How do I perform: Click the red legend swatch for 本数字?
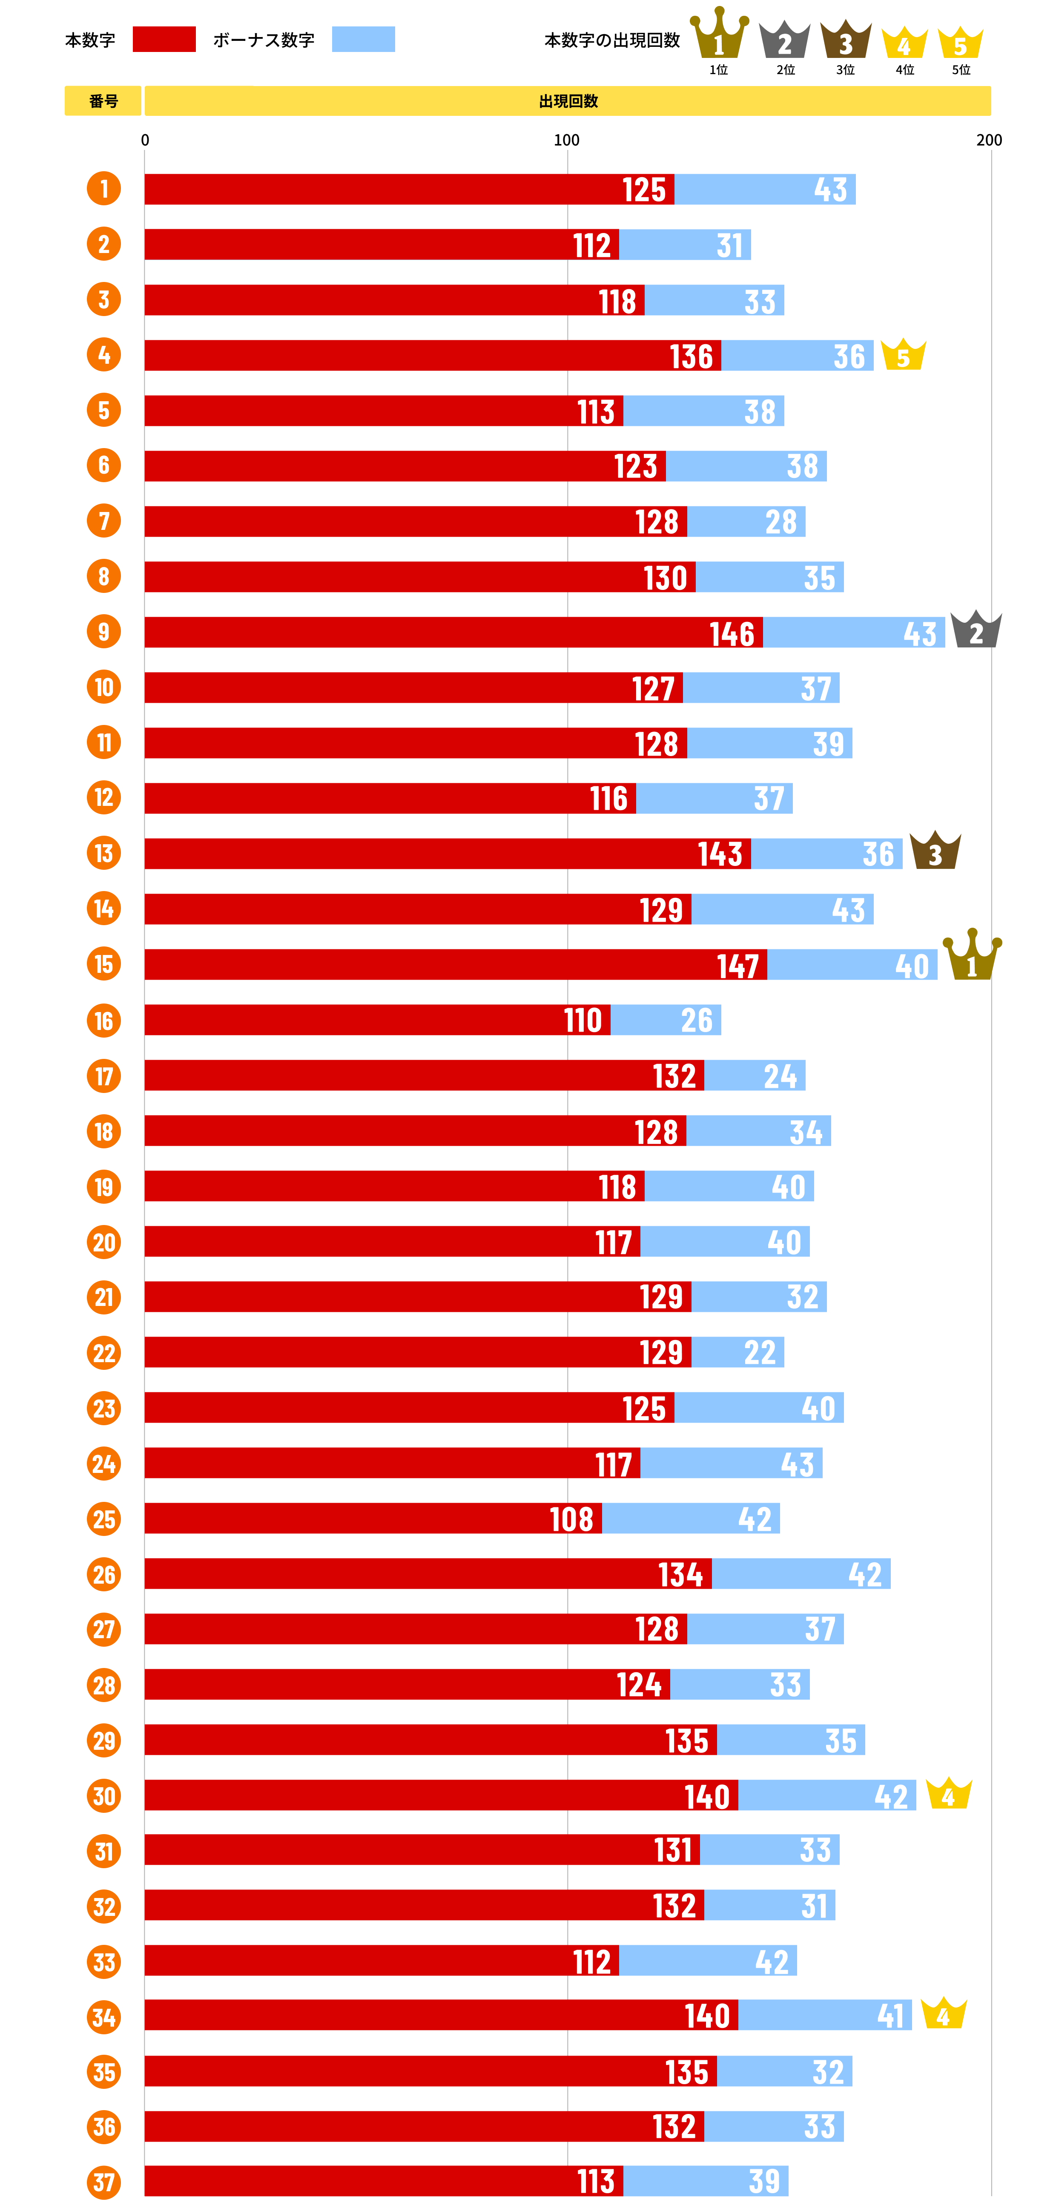(x=164, y=39)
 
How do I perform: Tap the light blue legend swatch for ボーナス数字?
(x=363, y=39)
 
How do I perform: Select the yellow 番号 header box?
(x=103, y=101)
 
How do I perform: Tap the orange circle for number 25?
(x=104, y=1518)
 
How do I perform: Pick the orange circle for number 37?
(x=104, y=2182)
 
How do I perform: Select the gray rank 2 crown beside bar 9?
(x=976, y=630)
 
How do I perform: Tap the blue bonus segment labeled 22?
(x=737, y=1352)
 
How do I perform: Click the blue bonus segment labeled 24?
(x=755, y=1075)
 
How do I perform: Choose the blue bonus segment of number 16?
(x=666, y=1020)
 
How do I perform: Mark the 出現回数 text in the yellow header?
(x=568, y=101)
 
